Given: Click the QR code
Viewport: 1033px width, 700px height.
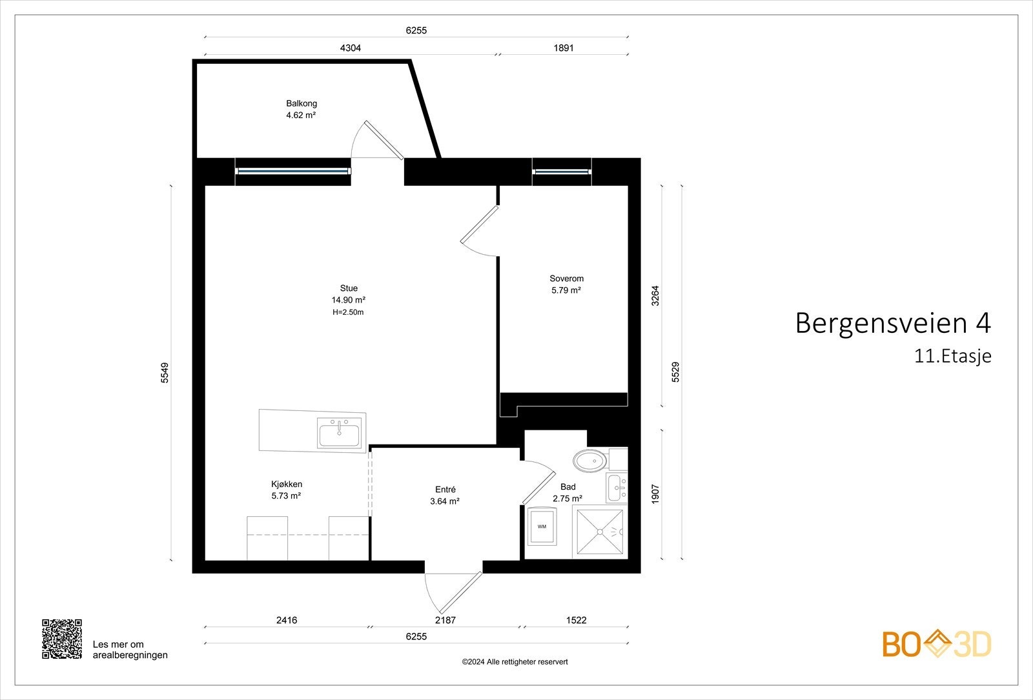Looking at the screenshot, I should [62, 639].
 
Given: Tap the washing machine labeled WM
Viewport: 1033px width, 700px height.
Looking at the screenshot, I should [542, 526].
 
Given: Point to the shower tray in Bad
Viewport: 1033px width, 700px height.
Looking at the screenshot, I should [600, 532].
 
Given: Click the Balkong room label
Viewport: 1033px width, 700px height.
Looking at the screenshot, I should [302, 103].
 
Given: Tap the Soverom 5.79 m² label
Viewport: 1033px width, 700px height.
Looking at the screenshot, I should [566, 285].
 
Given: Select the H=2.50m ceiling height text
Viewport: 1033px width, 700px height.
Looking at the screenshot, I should [348, 312].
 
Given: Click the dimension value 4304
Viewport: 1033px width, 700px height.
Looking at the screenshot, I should [351, 48].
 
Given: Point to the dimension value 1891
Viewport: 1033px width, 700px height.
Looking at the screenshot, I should [563, 48].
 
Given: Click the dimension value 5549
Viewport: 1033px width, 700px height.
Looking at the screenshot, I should [165, 373].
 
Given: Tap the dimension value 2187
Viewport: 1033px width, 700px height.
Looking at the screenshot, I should [445, 620].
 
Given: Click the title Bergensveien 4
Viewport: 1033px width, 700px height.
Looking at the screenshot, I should [892, 323].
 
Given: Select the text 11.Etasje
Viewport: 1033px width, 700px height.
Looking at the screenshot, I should [952, 356].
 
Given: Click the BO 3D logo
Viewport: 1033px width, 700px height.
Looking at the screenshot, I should [937, 644].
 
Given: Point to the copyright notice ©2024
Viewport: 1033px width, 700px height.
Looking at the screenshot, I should [515, 662].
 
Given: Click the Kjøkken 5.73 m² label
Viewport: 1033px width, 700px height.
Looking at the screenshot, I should [287, 490].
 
